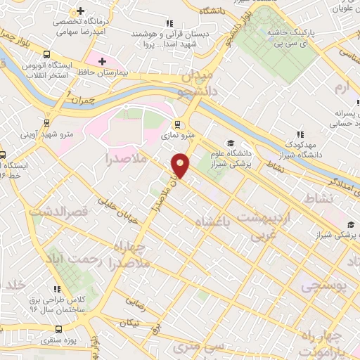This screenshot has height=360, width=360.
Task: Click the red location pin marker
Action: click(181, 165)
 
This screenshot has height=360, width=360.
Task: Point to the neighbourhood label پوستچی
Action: click(322, 285)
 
